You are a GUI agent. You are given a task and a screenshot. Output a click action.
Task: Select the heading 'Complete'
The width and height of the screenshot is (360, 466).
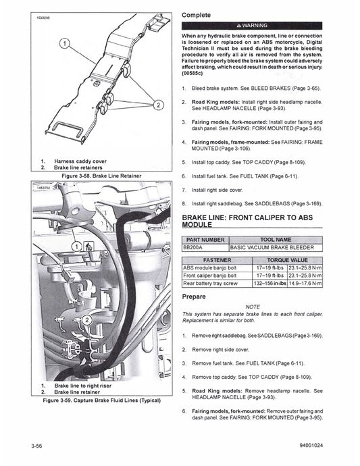point(201,14)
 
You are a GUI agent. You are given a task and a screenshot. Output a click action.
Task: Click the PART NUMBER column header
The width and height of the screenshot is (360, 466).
point(204,240)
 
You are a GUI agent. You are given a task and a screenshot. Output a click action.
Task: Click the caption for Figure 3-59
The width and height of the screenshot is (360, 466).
point(101,400)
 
